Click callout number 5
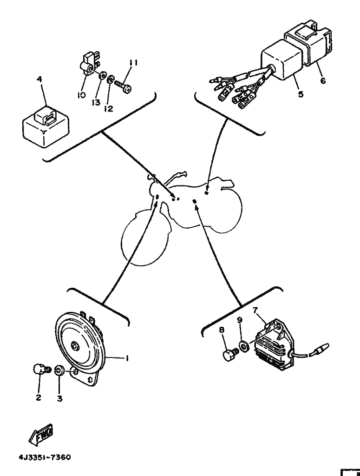[301, 94]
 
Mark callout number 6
[323, 80]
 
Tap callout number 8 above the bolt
[222, 330]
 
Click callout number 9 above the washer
[240, 320]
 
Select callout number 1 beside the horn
[126, 358]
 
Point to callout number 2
[39, 398]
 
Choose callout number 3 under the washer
[59, 398]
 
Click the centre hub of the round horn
[75, 345]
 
